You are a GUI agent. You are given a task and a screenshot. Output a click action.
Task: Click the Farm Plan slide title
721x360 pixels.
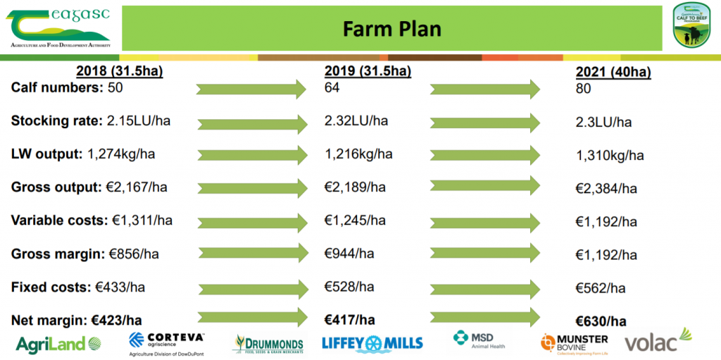coord(391,29)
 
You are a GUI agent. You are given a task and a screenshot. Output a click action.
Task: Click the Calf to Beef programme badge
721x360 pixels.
coord(691,25)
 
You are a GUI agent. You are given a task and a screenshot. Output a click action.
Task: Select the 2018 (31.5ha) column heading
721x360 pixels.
coord(120,72)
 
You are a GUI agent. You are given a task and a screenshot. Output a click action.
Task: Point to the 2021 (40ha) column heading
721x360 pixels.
coord(613,73)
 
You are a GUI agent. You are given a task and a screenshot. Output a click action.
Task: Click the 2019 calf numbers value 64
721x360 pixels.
coord(332,88)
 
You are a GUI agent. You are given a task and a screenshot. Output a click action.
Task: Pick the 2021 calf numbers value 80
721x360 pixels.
coord(583,89)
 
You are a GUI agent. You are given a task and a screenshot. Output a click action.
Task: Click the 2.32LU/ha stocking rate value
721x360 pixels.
coord(356,120)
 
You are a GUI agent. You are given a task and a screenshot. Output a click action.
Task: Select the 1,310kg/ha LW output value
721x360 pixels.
coord(610,155)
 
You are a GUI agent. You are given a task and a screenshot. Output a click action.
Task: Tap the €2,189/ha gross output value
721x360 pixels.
coord(355,187)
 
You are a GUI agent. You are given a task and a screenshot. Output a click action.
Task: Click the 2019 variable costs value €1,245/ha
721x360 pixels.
coord(355,221)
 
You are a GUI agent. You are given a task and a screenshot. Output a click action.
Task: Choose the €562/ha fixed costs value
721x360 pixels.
coord(601,288)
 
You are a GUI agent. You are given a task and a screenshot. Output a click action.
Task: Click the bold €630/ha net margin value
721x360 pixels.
coord(601,321)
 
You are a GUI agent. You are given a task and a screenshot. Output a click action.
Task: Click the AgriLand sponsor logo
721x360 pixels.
coord(58,344)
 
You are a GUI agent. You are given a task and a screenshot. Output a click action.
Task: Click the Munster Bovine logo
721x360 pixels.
coord(573,344)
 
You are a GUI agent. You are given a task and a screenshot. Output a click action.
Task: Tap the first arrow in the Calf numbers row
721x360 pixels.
coord(251,89)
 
